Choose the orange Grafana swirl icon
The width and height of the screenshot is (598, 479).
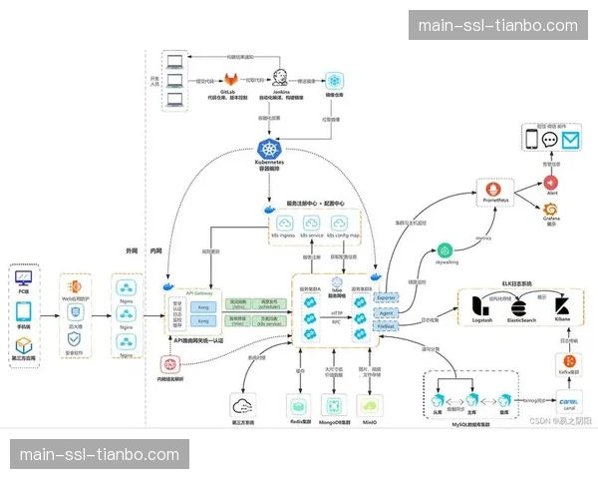(x=550, y=211)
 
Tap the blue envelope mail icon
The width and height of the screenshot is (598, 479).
(x=571, y=140)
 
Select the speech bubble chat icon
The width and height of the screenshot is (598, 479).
(x=549, y=140)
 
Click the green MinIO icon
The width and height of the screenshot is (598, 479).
(x=369, y=403)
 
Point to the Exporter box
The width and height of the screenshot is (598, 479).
(x=387, y=296)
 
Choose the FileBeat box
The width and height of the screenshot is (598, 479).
(x=387, y=325)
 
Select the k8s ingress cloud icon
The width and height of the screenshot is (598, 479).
(x=284, y=226)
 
